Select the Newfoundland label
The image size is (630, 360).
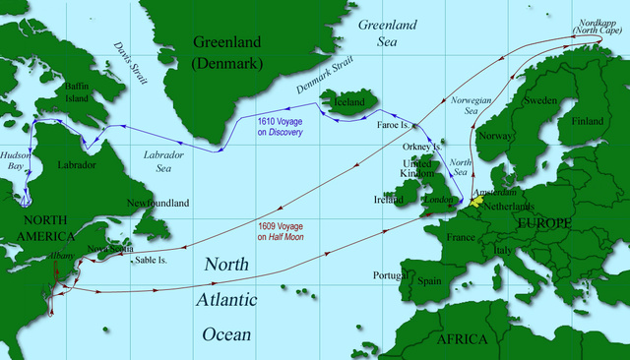coord(157,204)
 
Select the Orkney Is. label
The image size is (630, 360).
coord(423,148)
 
